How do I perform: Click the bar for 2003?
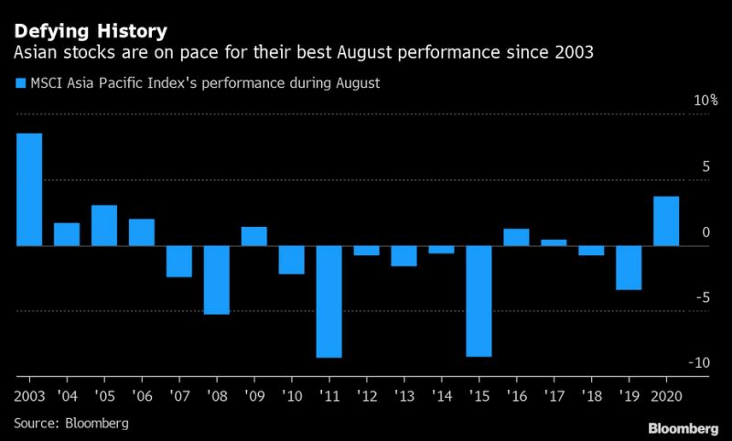point(29,190)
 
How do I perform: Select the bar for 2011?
point(329,301)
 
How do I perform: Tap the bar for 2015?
point(479,301)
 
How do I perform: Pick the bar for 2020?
point(666,221)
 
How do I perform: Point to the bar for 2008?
point(217,280)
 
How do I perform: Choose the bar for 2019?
point(629,267)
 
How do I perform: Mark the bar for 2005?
point(104,225)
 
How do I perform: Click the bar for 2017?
point(554,242)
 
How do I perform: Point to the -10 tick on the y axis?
point(700,363)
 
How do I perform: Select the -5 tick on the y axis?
point(702,297)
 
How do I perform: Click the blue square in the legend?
point(21,83)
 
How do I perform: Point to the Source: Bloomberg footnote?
point(70,424)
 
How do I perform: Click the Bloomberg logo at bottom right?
point(683,428)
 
